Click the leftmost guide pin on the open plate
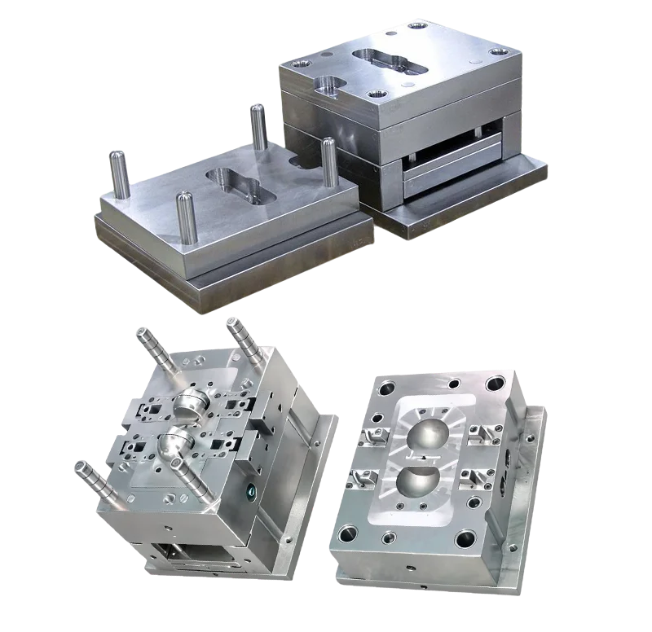coord(119,174)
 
